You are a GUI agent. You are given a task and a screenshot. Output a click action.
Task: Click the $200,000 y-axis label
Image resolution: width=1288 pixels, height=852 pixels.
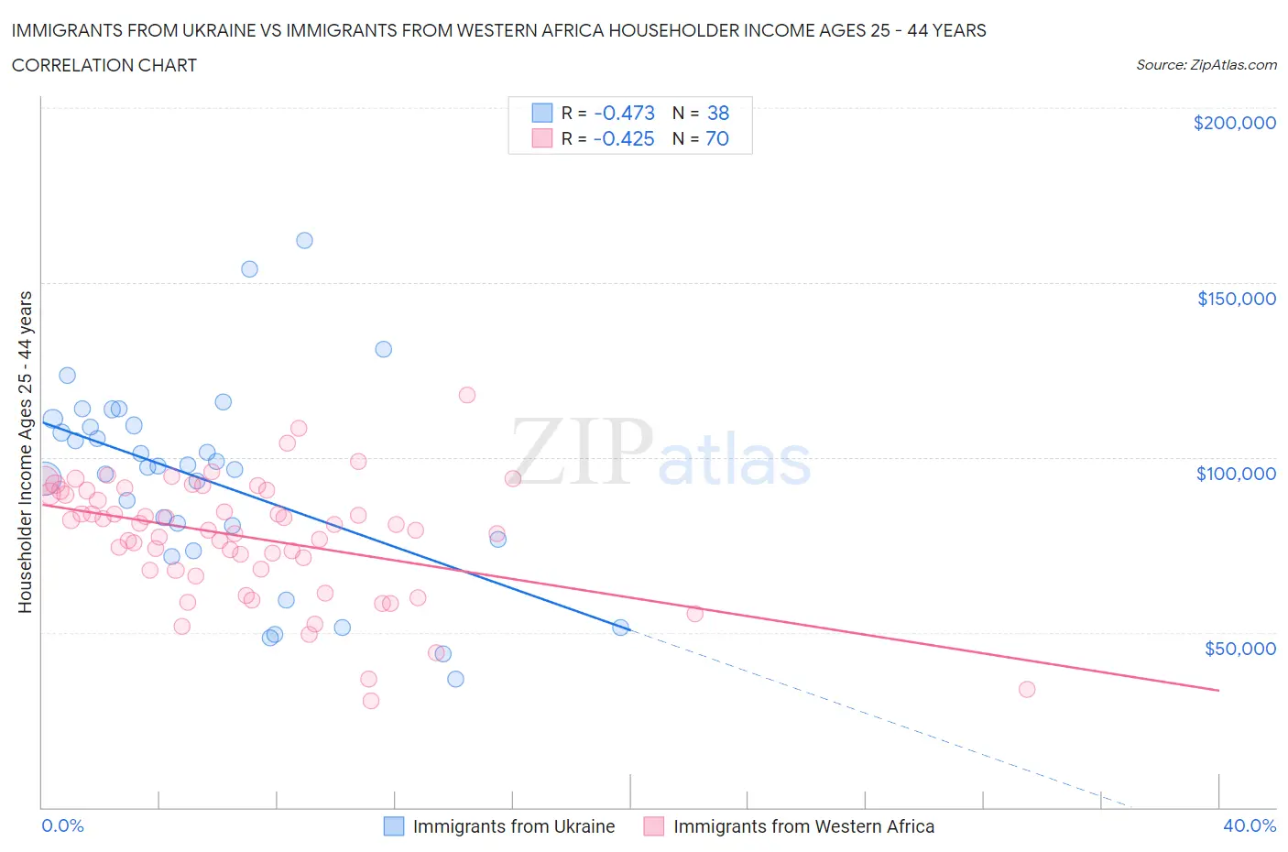click(1234, 123)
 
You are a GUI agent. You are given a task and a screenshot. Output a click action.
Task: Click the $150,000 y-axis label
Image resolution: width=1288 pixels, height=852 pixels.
click(1236, 299)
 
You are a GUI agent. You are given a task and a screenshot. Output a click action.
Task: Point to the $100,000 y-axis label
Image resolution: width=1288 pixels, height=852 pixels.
click(1236, 474)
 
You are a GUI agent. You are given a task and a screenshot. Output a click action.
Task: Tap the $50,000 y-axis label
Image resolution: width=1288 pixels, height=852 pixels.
click(1239, 649)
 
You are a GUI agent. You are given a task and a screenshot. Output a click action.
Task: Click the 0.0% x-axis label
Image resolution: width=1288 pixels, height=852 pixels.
click(62, 825)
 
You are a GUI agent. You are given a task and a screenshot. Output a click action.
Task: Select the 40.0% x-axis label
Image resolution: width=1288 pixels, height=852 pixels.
click(1250, 825)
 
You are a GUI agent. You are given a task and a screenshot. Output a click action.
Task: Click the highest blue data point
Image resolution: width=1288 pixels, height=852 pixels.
click(304, 240)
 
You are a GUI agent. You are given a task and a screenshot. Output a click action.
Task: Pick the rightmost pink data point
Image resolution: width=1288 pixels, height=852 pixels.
click(1027, 689)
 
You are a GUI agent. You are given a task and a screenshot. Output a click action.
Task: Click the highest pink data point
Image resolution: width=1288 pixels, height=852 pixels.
click(466, 395)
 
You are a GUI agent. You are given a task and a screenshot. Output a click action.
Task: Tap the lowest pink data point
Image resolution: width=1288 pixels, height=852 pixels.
click(371, 701)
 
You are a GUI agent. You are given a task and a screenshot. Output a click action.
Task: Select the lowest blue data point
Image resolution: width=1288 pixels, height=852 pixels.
click(455, 679)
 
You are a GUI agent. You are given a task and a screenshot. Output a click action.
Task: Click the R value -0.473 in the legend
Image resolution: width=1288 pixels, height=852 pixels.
click(624, 113)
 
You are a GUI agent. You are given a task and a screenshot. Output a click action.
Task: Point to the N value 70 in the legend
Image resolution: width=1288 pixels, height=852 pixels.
click(716, 138)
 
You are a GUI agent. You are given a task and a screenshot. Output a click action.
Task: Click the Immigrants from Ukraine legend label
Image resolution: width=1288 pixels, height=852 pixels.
click(513, 826)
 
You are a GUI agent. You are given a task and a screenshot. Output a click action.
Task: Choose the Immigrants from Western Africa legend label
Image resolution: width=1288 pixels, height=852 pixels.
click(803, 826)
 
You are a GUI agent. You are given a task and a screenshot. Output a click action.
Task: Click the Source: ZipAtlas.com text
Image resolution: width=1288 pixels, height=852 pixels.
click(1206, 64)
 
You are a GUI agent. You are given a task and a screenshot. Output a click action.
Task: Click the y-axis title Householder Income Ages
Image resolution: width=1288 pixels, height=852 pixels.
click(26, 452)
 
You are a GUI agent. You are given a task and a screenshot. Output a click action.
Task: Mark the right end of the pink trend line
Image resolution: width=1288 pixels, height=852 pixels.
click(1218, 690)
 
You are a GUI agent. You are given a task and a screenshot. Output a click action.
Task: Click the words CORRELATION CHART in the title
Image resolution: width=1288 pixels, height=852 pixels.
click(104, 65)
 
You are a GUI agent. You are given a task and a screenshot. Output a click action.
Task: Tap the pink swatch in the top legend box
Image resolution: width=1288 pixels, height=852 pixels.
click(542, 138)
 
